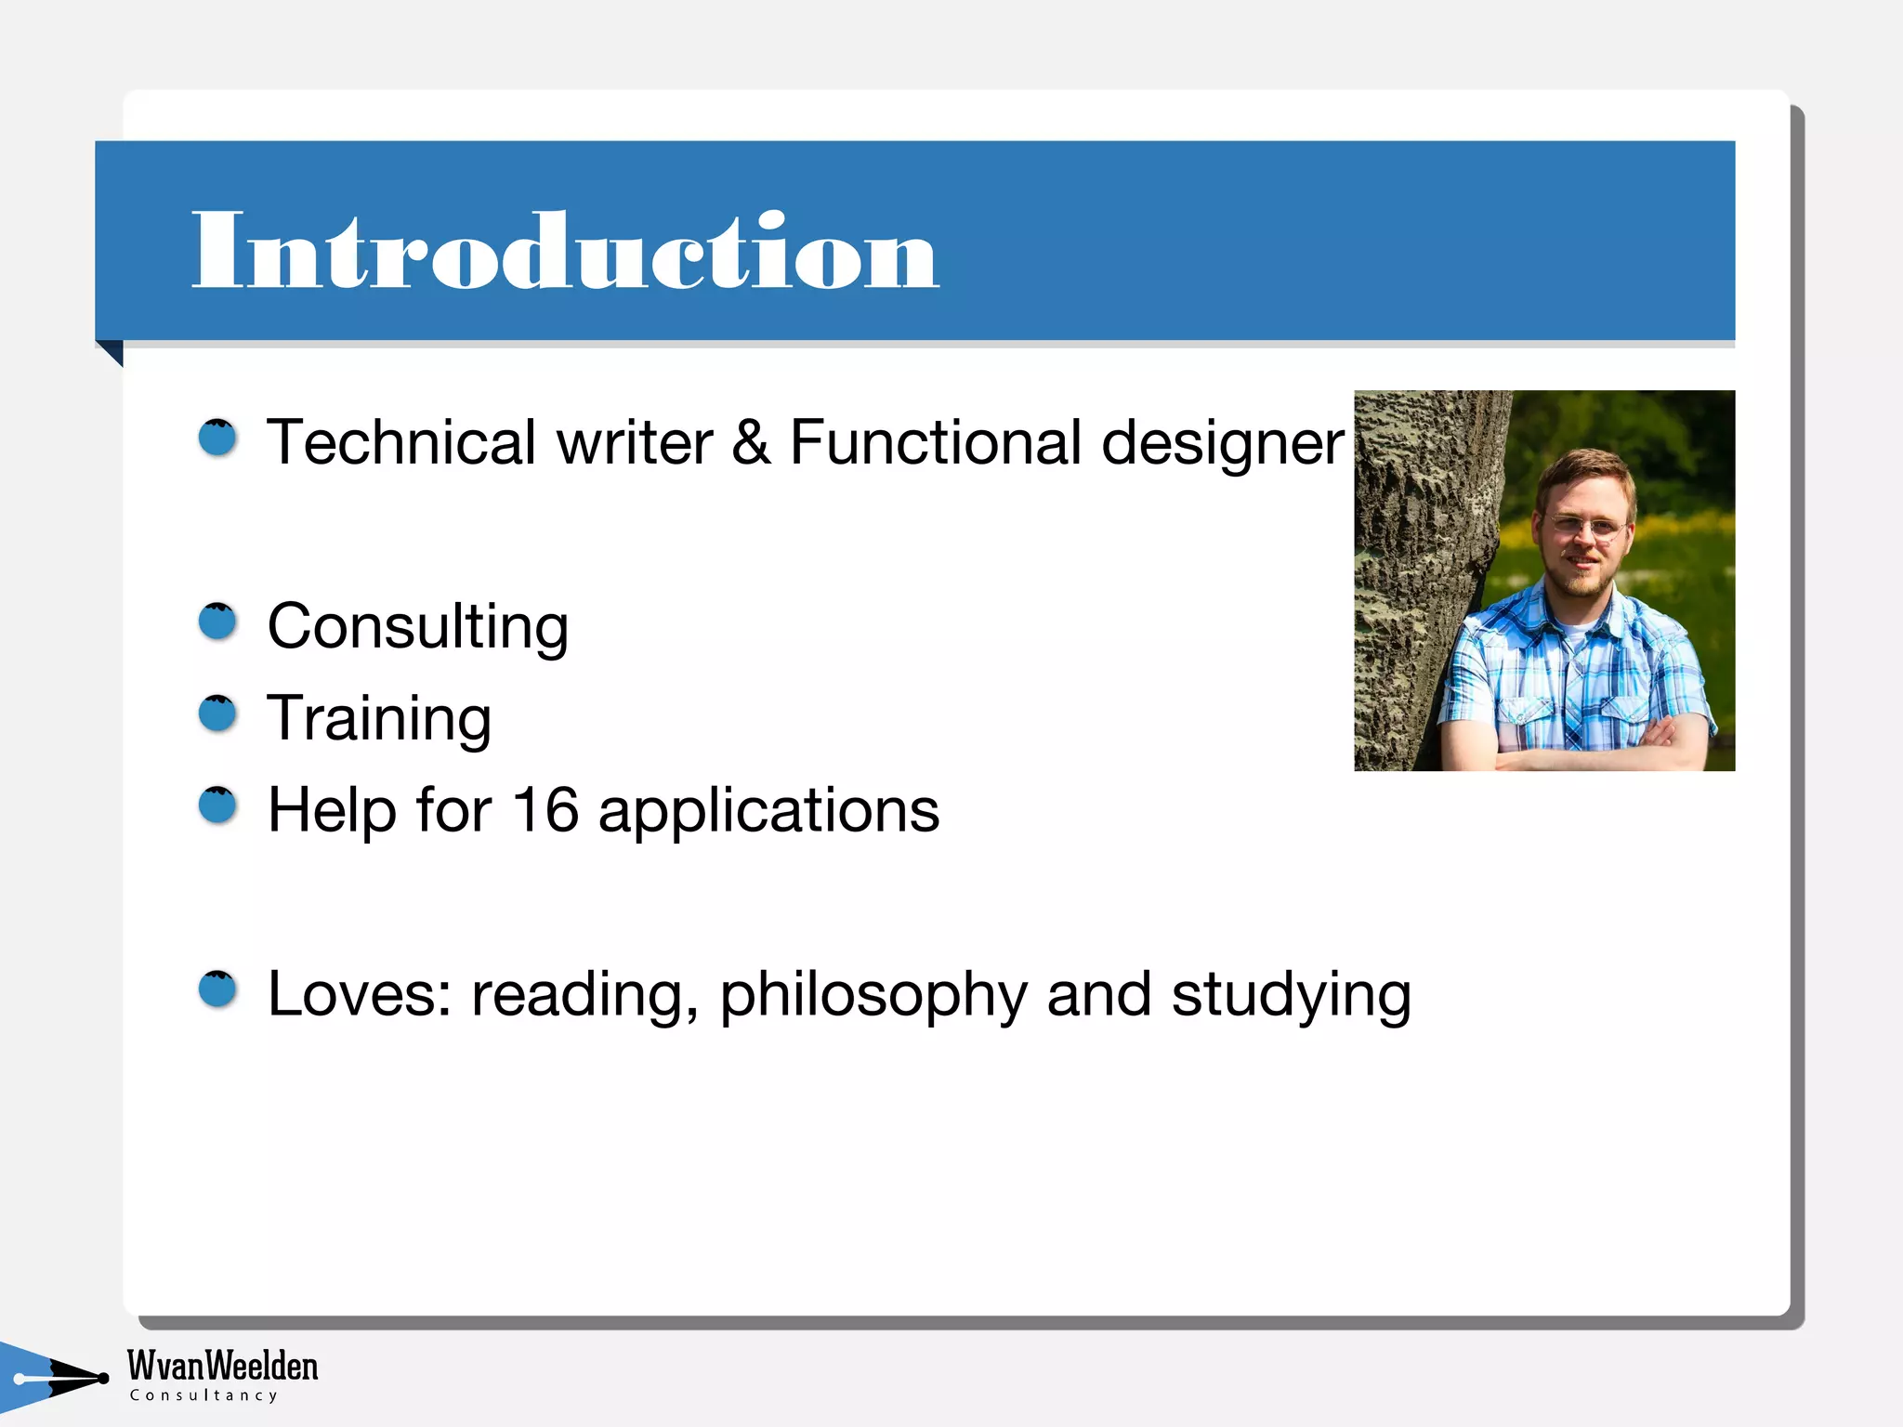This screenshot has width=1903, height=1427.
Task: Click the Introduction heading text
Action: [x=565, y=251]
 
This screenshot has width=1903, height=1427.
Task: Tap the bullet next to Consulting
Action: [x=218, y=622]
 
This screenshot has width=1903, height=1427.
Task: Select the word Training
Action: [x=379, y=718]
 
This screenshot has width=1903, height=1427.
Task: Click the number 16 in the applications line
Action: [x=545, y=809]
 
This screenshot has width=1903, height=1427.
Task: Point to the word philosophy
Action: [x=873, y=995]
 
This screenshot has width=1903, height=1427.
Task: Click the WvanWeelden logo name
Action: [x=222, y=1366]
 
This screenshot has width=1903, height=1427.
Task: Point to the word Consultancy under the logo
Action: [x=203, y=1395]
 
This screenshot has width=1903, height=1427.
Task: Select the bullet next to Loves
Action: [x=218, y=989]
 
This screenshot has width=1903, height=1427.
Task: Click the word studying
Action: [x=1291, y=995]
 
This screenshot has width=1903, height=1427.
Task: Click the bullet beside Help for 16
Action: [x=218, y=805]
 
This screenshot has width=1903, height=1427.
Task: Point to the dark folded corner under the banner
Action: [x=112, y=351]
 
